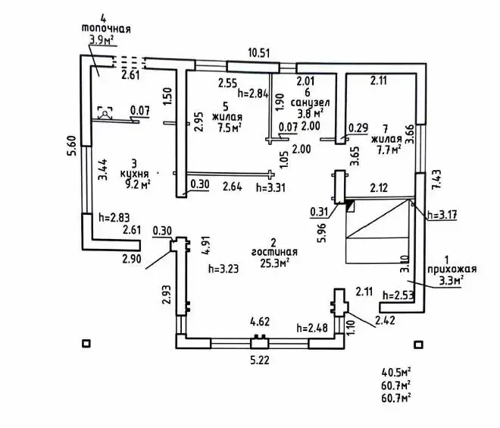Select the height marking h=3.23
point(223,268)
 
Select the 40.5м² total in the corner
point(396,372)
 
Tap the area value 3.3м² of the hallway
point(452,279)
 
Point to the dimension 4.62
point(260,322)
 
